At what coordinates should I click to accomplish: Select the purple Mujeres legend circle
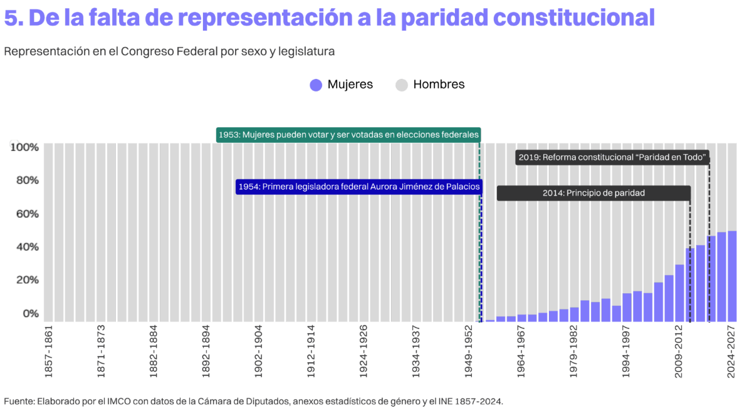pyautogui.click(x=316, y=85)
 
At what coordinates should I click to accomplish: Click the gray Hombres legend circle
pyautogui.click(x=402, y=85)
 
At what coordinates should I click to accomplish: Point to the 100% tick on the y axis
pyautogui.click(x=25, y=147)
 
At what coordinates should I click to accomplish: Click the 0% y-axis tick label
pyautogui.click(x=31, y=313)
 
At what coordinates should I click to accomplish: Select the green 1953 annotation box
pyautogui.click(x=348, y=135)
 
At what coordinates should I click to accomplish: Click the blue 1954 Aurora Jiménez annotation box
pyautogui.click(x=358, y=187)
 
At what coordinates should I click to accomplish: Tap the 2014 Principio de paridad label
pyautogui.click(x=593, y=193)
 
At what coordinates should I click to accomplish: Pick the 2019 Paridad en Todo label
pyautogui.click(x=612, y=157)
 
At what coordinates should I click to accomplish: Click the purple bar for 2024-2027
pyautogui.click(x=732, y=276)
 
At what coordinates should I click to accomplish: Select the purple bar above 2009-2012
pyautogui.click(x=679, y=293)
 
